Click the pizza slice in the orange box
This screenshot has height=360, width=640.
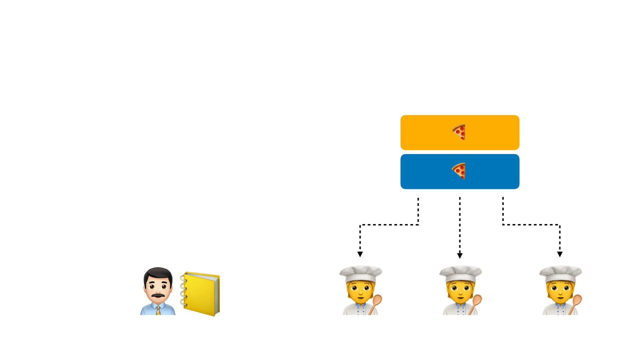pyautogui.click(x=459, y=132)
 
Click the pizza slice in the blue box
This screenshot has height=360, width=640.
pyautogui.click(x=459, y=171)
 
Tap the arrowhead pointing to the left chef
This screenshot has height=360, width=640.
pyautogui.click(x=360, y=254)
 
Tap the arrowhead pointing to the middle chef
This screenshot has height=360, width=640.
pyautogui.click(x=460, y=256)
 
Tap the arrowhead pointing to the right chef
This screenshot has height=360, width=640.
pyautogui.click(x=560, y=254)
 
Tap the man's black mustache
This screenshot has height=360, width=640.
pyautogui.click(x=158, y=296)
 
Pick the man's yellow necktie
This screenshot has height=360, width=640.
pyautogui.click(x=158, y=310)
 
